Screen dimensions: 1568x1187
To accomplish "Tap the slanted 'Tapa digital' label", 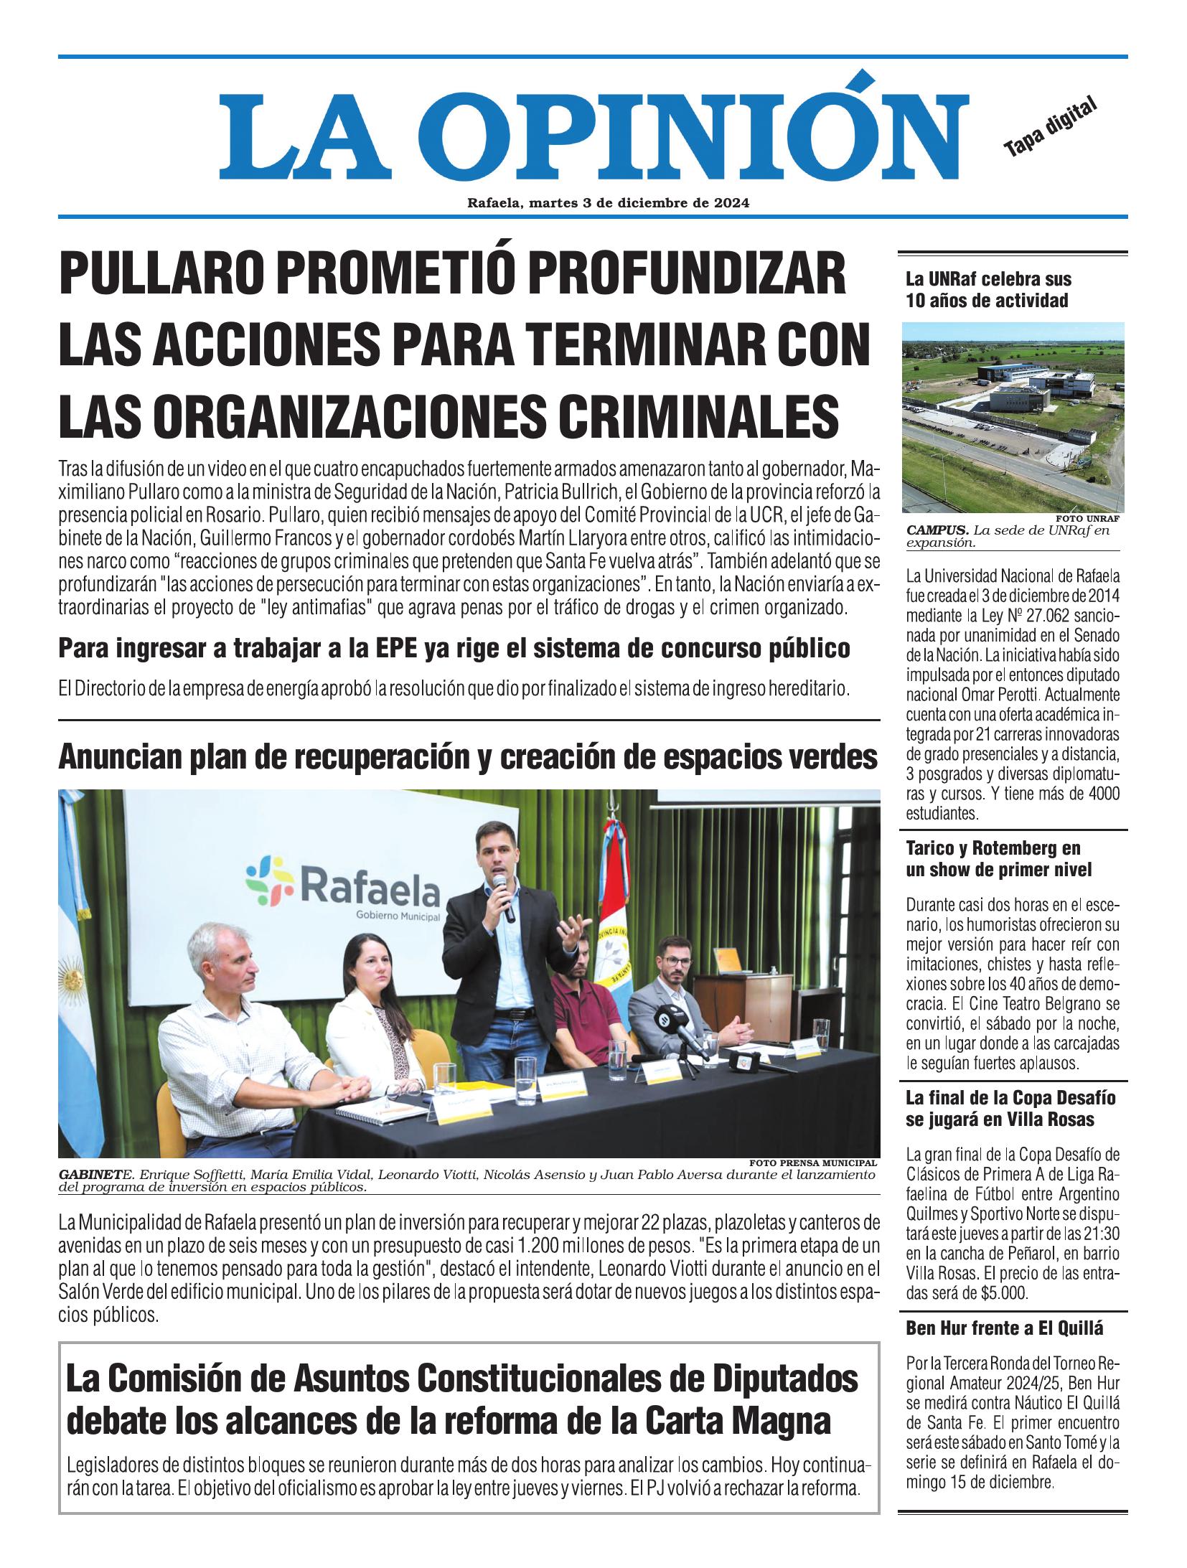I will coord(1051,126).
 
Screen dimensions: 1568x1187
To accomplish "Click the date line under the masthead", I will coord(608,203).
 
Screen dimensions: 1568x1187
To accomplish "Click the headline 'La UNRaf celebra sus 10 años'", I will coord(987,289).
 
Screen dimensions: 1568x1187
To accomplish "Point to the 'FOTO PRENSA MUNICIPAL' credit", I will coord(813,1163).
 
